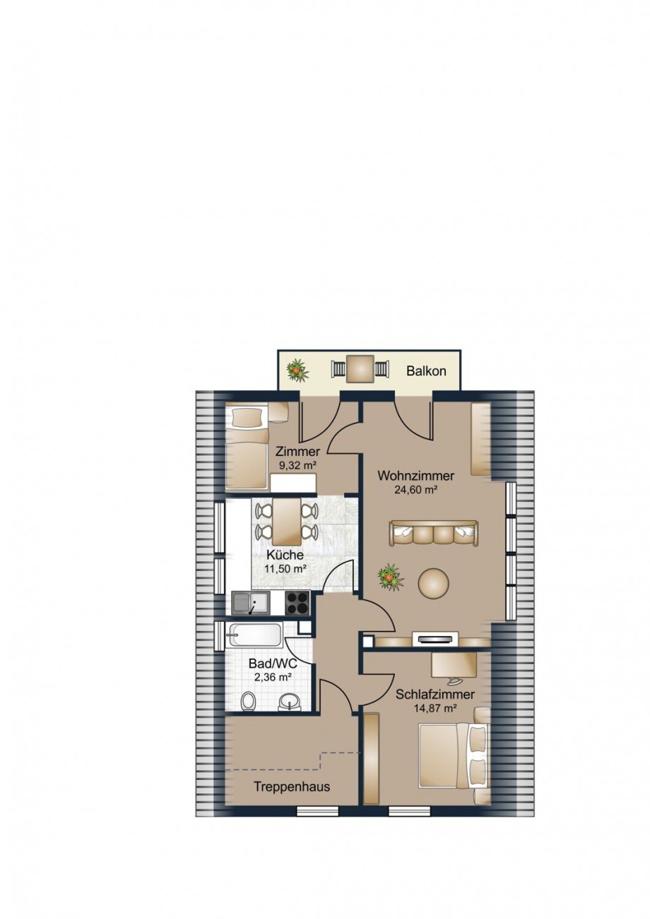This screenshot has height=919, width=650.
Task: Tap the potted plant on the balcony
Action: pos(297,371)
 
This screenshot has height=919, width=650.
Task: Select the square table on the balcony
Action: pos(360,369)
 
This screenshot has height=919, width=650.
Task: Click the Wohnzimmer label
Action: pos(416,476)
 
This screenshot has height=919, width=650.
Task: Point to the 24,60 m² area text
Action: pos(415,489)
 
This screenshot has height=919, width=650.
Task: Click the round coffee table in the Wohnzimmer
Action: pos(433,582)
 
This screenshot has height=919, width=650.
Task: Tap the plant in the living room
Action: pos(391,577)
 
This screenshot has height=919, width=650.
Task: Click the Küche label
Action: pos(285,555)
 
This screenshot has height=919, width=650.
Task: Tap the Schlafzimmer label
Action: pos(435,695)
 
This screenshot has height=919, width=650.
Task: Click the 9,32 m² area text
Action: pos(297,465)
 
